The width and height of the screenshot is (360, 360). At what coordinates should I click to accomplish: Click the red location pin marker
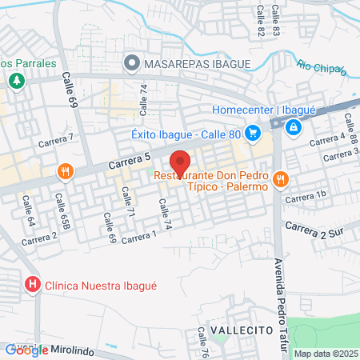click(181, 163)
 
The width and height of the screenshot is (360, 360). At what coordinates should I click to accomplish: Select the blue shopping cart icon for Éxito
click(253, 133)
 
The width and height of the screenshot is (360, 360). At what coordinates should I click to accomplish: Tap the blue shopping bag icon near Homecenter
click(294, 126)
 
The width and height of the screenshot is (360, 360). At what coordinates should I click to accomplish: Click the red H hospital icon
click(33, 284)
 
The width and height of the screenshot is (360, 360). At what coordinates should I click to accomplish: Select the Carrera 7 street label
click(55, 141)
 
